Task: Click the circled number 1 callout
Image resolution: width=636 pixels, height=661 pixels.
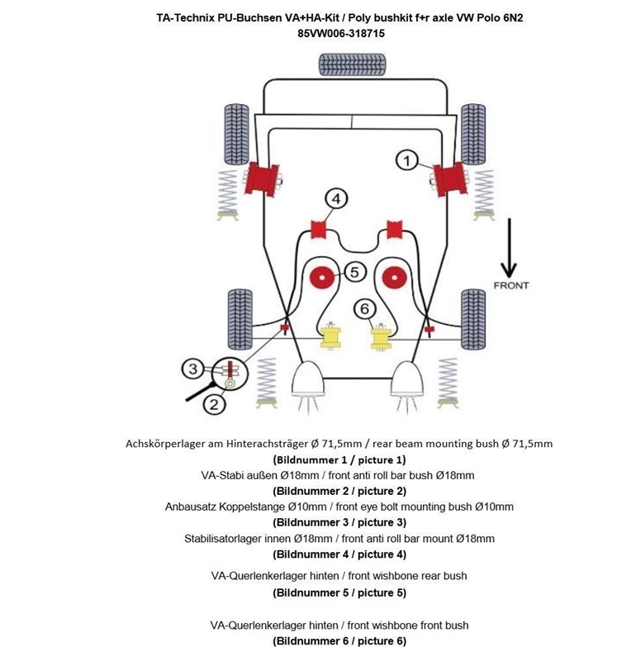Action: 406,160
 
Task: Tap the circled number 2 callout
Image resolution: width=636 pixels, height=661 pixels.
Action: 213,404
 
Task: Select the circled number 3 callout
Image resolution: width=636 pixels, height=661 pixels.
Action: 192,369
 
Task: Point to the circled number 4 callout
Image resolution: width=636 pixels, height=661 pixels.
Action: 335,198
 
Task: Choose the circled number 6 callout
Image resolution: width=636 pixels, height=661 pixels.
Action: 364,308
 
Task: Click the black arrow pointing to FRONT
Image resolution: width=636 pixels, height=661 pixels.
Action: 510,248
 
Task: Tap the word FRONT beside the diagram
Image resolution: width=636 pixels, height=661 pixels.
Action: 510,285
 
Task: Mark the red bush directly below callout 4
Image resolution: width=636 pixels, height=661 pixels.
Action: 319,229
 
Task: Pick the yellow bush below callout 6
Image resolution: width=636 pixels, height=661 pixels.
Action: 380,337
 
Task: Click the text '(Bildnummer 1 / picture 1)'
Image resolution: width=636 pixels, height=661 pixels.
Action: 339,459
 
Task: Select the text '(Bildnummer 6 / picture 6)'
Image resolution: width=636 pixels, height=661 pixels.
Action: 339,640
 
